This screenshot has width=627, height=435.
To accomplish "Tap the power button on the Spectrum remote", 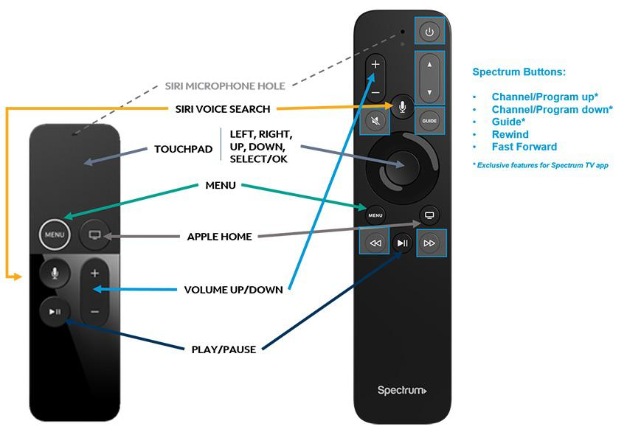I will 431,32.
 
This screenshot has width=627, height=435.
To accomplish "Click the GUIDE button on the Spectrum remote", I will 429,120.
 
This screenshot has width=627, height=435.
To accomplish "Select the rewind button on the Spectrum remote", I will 375,243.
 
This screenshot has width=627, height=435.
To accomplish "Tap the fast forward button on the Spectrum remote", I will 430,243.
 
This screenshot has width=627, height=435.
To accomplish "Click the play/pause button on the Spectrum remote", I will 403,243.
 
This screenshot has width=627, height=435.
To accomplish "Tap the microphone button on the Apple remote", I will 55,273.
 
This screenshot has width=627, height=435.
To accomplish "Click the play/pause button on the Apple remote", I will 55,311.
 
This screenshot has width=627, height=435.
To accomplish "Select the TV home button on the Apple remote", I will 94,236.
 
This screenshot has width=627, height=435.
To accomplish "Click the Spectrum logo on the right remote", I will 402,390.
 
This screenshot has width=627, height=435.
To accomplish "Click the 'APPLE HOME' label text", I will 219,237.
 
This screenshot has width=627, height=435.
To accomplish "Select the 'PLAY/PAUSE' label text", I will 224,349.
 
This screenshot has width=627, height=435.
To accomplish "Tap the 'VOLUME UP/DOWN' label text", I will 233,290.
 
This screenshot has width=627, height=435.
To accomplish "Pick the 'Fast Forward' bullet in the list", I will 524,147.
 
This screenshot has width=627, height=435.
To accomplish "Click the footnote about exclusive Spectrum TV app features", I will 539,165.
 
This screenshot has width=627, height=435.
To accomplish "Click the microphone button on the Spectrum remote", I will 402,108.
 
